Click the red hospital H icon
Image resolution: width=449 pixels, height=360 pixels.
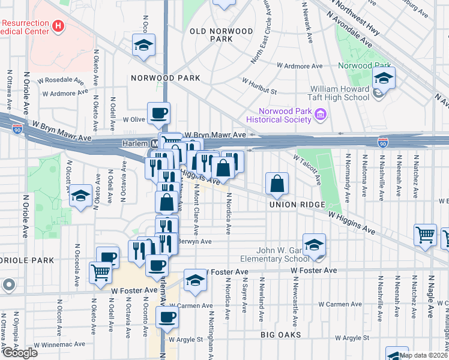(x=58, y=26)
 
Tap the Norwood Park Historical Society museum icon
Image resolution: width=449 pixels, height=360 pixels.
(x=321, y=114)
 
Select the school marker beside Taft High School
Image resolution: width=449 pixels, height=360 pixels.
(x=382, y=77)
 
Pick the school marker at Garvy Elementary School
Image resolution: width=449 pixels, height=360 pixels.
(x=314, y=244)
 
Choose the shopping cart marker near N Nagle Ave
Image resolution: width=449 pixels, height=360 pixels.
(x=426, y=235)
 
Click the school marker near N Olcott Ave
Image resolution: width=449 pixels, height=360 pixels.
(x=80, y=196)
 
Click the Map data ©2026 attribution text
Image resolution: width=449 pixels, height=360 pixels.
(x=423, y=355)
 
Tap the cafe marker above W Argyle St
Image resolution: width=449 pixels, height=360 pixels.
(x=167, y=316)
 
